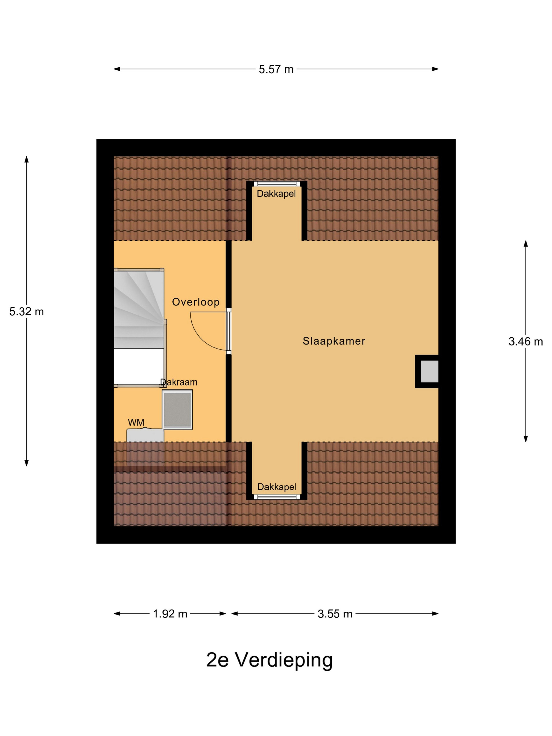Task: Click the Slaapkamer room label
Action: coord(334,341)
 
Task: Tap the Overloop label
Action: coord(196,302)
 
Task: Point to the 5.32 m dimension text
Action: coord(27,311)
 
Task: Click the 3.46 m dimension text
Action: coord(526,341)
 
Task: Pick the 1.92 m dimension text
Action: coord(170,614)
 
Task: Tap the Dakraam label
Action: coord(179,382)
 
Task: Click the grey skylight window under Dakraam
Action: coord(177,410)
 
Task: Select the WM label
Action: coord(136,423)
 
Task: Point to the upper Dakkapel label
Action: coord(276,194)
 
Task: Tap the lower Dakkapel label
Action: coord(277,487)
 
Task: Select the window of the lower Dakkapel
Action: coord(277,497)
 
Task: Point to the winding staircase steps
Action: coord(139,308)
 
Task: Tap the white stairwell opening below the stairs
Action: coord(139,366)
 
